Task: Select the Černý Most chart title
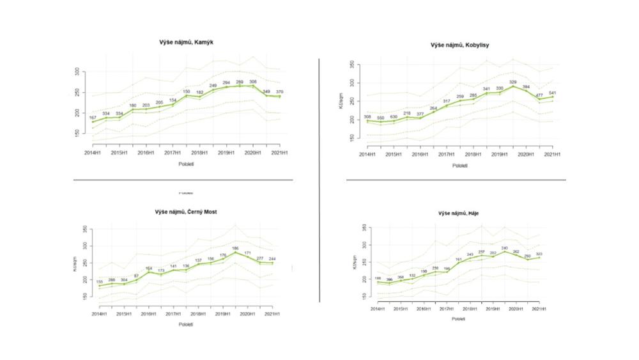[x=186, y=212]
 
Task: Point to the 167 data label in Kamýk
[x=93, y=118]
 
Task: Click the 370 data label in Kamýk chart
[x=279, y=91]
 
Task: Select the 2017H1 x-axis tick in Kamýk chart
[x=172, y=153]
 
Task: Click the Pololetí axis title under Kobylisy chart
[x=459, y=166]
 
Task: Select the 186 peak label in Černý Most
[x=235, y=248]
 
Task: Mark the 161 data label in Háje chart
[x=458, y=260]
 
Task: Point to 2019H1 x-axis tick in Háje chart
[x=493, y=309]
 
